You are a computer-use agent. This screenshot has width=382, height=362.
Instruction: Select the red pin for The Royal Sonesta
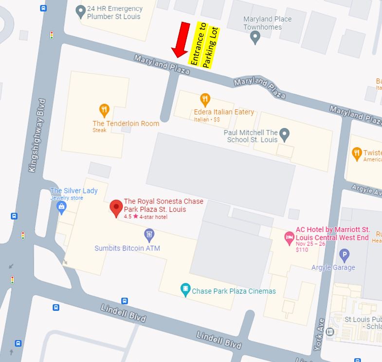pyautogui.click(x=116, y=208)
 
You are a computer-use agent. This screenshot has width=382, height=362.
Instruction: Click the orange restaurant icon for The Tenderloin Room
pyautogui.click(x=104, y=110)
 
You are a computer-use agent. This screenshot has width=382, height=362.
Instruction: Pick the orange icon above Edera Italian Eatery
pyautogui.click(x=205, y=99)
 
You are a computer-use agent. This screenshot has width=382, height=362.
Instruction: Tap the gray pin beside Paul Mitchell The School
pyautogui.click(x=285, y=133)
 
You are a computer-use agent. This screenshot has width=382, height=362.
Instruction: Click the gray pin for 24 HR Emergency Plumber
pyautogui.click(x=81, y=11)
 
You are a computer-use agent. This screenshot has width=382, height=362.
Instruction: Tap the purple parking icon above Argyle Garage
pyautogui.click(x=344, y=254)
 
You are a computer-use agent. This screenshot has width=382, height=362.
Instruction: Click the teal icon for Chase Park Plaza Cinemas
pyautogui.click(x=185, y=290)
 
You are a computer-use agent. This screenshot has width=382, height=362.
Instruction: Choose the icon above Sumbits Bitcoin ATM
pyautogui.click(x=149, y=236)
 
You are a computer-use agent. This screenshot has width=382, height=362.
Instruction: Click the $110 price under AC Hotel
pyautogui.click(x=302, y=249)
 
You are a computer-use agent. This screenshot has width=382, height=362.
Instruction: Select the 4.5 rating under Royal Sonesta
pyautogui.click(x=128, y=217)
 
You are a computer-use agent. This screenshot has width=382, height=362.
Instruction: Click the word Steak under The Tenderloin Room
pyautogui.click(x=100, y=130)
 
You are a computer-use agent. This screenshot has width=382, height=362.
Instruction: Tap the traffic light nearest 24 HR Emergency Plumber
pyautogui.click(x=51, y=35)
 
